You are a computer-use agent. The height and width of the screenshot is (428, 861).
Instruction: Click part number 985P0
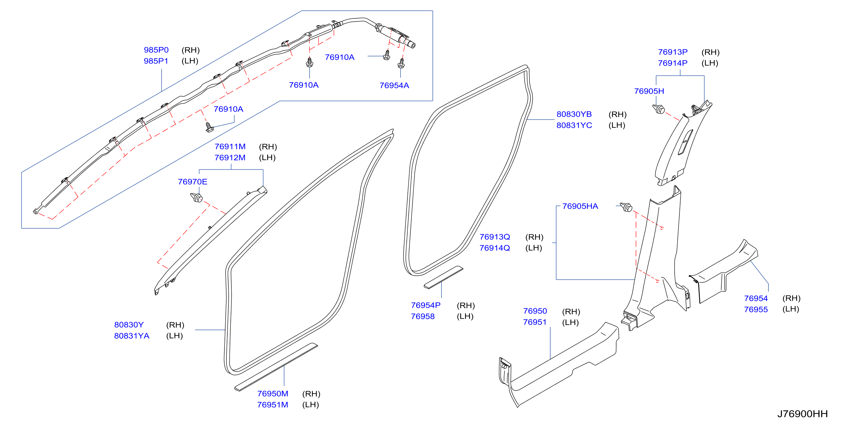point(156,50)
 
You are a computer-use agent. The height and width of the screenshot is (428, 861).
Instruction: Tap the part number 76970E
point(192,182)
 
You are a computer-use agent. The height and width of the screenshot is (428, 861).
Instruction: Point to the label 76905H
point(649,91)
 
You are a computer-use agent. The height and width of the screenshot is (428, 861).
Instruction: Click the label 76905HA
point(580,206)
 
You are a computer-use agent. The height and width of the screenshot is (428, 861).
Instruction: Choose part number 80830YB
point(574,114)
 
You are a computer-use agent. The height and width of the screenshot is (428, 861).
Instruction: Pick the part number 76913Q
point(495,237)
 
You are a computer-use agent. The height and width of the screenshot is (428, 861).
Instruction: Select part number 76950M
point(273,394)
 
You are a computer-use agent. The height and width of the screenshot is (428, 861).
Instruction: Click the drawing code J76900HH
point(802,414)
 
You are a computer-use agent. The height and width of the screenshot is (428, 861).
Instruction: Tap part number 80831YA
point(132,336)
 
